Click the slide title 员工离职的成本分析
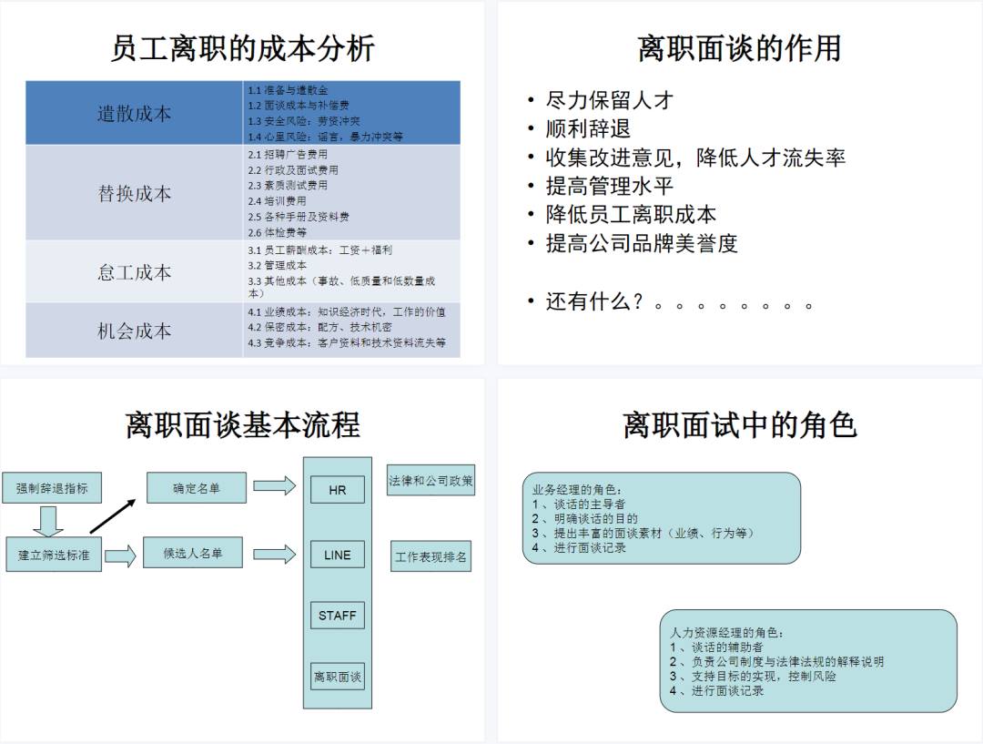242,48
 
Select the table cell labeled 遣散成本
135,114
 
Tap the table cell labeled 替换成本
135,193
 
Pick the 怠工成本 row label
135,272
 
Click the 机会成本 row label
135,331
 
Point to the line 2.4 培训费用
278,201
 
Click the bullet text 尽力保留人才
609,100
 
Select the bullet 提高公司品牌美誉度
641,243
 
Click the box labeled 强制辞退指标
52,488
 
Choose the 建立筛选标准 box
54,554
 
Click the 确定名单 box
196,488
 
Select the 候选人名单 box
192,553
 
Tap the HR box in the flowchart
337,490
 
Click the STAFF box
337,616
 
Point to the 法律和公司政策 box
431,481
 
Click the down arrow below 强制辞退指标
47,521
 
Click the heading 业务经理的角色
578,489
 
